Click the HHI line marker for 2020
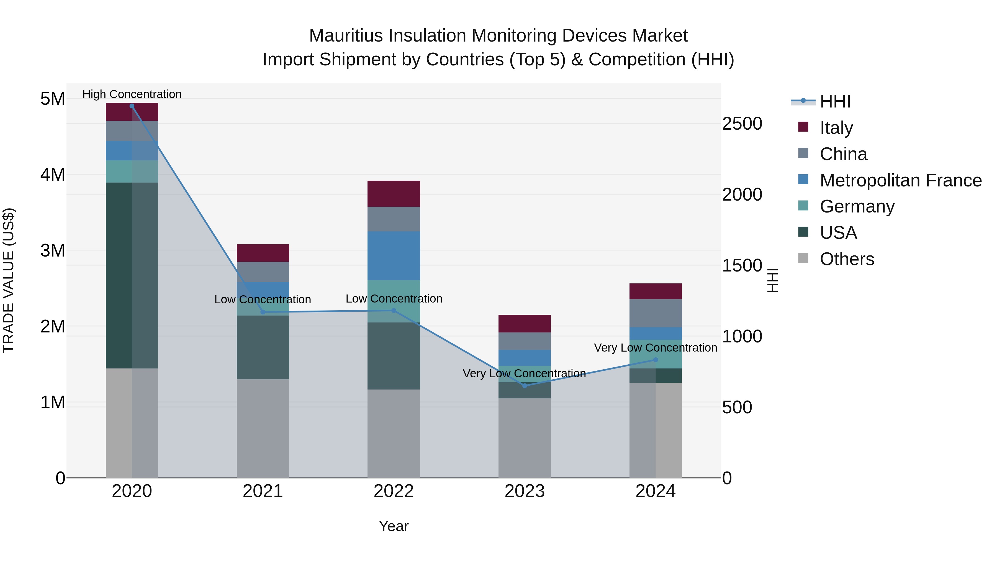pos(132,106)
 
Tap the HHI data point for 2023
pos(525,386)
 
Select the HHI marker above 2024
pos(655,360)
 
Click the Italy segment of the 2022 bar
pos(394,194)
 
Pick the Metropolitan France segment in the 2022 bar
pos(394,255)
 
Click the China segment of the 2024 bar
pos(655,313)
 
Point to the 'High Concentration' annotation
pos(132,94)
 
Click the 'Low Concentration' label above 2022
pos(394,298)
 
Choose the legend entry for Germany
pos(857,206)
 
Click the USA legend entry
pos(838,233)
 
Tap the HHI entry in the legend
pos(835,101)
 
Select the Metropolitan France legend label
pos(900,180)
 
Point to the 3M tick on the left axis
pos(53,250)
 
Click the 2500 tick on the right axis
pos(742,124)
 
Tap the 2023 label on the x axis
pos(525,491)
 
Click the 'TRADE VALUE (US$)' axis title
pos(9,280)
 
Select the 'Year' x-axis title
pos(394,526)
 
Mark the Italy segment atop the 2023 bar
pos(525,323)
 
